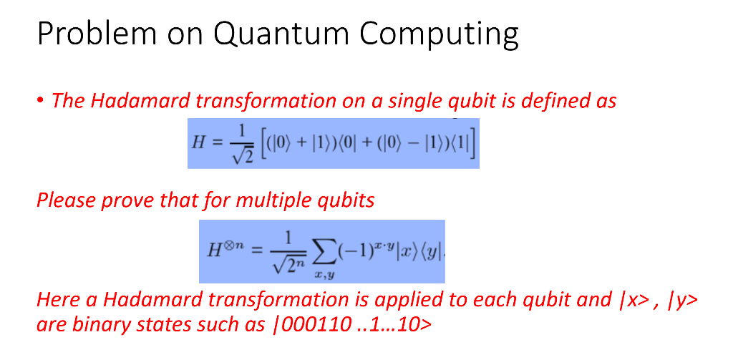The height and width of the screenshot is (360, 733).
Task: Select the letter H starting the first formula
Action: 200,141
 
